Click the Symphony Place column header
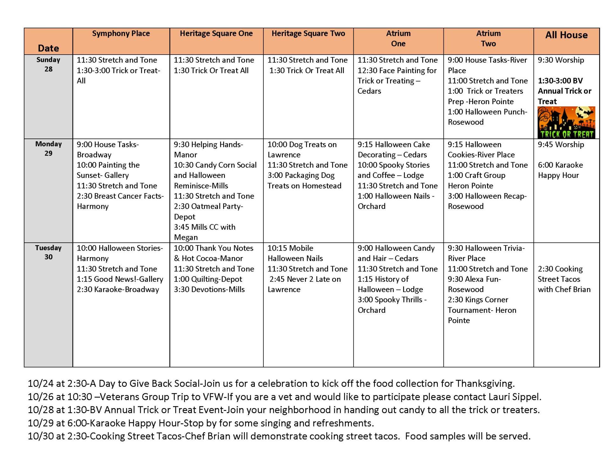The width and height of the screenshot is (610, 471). (121, 34)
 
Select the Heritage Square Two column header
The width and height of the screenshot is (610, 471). (308, 34)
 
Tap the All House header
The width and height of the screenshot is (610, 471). (566, 35)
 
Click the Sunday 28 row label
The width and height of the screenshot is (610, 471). (48, 64)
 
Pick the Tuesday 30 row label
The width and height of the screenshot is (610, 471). (48, 252)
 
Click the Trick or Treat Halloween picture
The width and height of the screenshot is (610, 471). (566, 122)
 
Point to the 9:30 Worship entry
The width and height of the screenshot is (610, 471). (561, 60)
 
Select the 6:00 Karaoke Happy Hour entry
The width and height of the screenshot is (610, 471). (560, 170)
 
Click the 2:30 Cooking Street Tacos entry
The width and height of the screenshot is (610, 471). (564, 279)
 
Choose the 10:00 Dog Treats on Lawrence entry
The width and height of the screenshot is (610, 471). (302, 150)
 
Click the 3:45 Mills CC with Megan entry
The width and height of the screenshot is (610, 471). (205, 232)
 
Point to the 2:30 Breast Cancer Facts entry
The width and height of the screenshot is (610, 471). (120, 201)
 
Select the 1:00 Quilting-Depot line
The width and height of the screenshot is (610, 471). (208, 279)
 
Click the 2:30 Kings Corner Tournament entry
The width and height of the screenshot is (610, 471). (482, 310)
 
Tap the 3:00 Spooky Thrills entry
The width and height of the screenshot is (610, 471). (392, 305)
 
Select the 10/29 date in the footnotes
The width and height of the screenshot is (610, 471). (40, 423)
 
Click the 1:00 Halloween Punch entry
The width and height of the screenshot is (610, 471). (487, 117)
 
